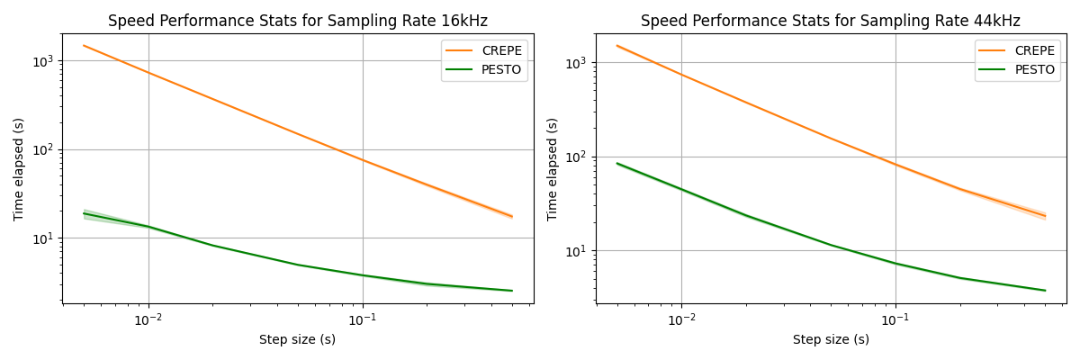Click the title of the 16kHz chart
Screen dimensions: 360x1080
tap(297, 21)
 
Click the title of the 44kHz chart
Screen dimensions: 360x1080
tap(831, 21)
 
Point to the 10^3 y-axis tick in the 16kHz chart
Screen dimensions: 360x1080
tap(44, 61)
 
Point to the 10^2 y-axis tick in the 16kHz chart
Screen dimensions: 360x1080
tap(44, 149)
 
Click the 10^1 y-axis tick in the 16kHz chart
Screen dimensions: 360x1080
tap(44, 238)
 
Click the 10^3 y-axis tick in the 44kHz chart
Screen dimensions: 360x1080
tap(578, 63)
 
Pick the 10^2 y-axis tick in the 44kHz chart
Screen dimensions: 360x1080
tap(578, 157)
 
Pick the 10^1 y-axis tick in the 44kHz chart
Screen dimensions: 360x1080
tap(578, 250)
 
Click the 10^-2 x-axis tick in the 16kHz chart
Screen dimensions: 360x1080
tap(148, 319)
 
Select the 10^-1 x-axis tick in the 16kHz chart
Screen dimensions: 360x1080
tap(362, 319)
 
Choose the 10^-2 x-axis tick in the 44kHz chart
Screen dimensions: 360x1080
tap(681, 319)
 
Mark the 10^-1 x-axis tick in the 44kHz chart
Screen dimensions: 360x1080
tap(895, 319)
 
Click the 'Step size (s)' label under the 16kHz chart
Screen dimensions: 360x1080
tap(297, 340)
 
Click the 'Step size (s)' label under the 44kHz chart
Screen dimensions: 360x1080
tap(831, 340)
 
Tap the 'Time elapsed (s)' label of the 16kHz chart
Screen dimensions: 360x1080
tap(19, 169)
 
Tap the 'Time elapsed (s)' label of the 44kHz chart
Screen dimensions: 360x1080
tap(553, 169)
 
